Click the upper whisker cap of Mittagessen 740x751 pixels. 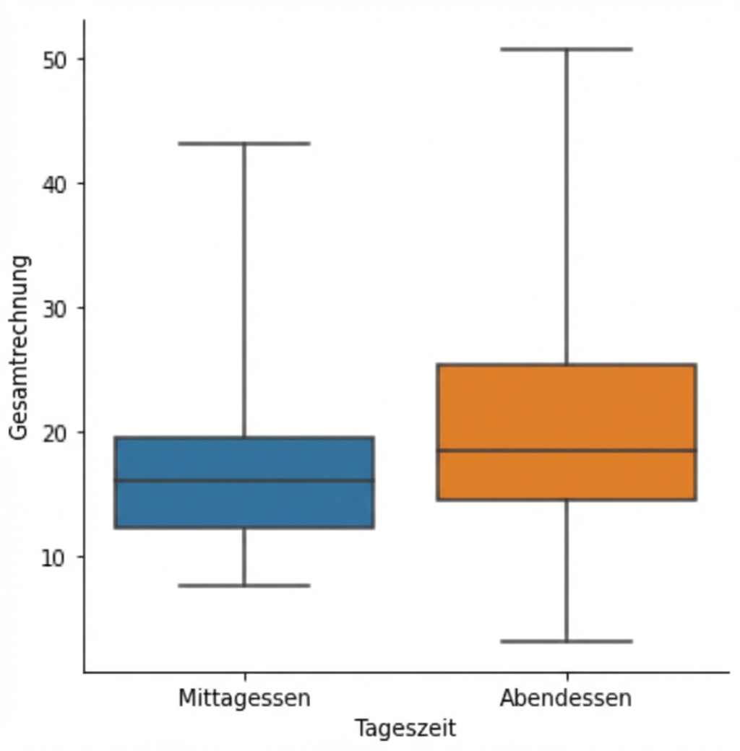tap(244, 144)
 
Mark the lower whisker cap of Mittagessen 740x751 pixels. tap(244, 585)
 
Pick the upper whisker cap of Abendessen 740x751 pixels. tap(567, 49)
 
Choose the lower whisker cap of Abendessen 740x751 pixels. tap(567, 641)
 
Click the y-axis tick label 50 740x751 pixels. tap(54, 59)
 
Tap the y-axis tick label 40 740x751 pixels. tap(54, 184)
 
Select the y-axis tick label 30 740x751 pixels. tap(54, 308)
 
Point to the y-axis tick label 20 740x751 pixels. tap(54, 433)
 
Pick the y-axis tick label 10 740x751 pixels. tap(54, 557)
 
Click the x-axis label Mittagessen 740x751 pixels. tap(244, 698)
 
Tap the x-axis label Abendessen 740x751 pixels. tap(566, 698)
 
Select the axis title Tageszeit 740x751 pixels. tap(405, 728)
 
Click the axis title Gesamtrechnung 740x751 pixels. tap(20, 347)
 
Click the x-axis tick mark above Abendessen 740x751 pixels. tap(567, 677)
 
